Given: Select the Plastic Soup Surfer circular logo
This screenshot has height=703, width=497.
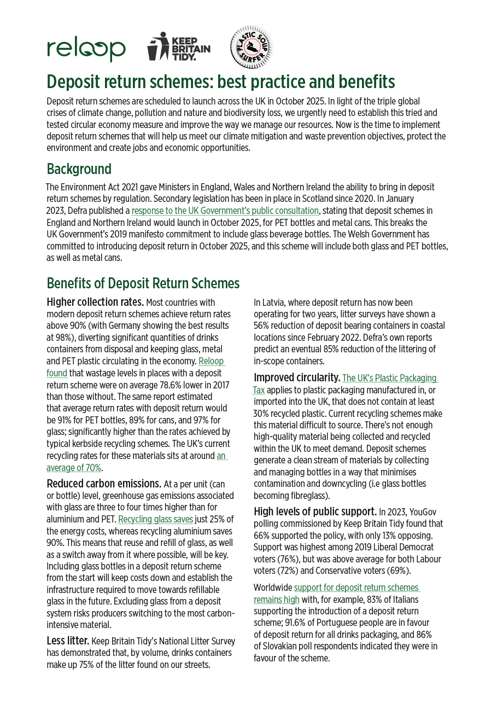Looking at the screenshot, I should click(x=250, y=48).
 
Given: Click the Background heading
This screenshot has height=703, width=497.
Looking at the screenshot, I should click(x=79, y=169).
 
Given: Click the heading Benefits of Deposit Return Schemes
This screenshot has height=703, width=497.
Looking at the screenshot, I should click(x=143, y=283).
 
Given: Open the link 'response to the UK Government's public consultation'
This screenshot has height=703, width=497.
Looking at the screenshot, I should click(x=225, y=211).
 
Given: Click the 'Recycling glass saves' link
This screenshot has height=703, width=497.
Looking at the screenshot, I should click(x=156, y=519).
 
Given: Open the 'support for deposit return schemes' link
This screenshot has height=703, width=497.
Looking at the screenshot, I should click(x=356, y=588).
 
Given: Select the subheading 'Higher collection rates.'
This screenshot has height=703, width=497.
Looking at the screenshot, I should click(x=95, y=302).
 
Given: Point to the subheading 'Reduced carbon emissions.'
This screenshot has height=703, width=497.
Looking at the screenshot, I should click(x=104, y=484).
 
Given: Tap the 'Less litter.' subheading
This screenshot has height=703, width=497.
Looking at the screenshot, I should click(x=68, y=641).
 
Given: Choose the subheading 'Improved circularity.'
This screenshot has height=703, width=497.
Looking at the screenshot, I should click(x=296, y=377).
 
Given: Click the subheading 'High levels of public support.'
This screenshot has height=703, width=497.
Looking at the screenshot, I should click(x=315, y=512).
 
